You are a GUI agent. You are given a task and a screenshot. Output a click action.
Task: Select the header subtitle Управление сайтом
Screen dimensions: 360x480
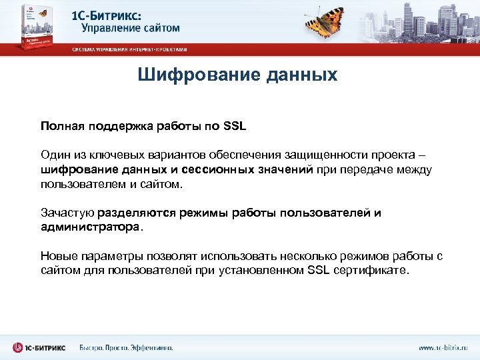[131, 29]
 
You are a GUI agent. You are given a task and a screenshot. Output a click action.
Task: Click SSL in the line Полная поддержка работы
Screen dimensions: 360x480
[235, 125]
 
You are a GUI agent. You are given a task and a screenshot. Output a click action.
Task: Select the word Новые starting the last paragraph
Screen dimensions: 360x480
[58, 256]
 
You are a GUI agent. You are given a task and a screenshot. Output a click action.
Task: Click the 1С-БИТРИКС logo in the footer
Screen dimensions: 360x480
[40, 347]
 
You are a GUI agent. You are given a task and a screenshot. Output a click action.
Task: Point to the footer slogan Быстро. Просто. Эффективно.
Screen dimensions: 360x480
[126, 348]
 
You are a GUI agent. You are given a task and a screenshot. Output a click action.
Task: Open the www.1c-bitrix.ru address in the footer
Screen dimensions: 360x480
[443, 348]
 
